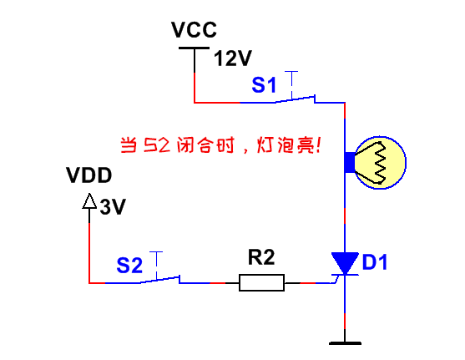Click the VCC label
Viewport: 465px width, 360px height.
click(x=194, y=30)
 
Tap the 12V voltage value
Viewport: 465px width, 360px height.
click(x=233, y=58)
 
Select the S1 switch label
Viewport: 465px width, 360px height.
click(x=264, y=85)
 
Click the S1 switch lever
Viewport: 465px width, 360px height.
click(x=295, y=99)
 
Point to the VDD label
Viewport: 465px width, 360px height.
click(x=89, y=175)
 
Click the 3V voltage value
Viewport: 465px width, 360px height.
click(x=113, y=206)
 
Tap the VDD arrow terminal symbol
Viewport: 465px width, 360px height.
click(x=89, y=201)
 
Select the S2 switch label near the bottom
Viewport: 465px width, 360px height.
click(x=129, y=266)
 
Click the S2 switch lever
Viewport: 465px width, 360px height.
click(x=160, y=280)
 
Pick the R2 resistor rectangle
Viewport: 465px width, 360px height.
click(x=261, y=282)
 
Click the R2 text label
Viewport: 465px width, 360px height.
click(x=261, y=257)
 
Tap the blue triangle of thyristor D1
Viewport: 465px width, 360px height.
click(x=345, y=262)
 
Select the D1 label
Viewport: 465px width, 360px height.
click(x=375, y=262)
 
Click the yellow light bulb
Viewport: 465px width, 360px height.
click(x=380, y=162)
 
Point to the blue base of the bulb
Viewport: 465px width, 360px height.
click(x=350, y=162)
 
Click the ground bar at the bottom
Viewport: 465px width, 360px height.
click(x=345, y=343)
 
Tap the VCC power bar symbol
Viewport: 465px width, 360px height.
click(x=195, y=48)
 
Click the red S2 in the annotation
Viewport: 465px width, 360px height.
click(x=157, y=145)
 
